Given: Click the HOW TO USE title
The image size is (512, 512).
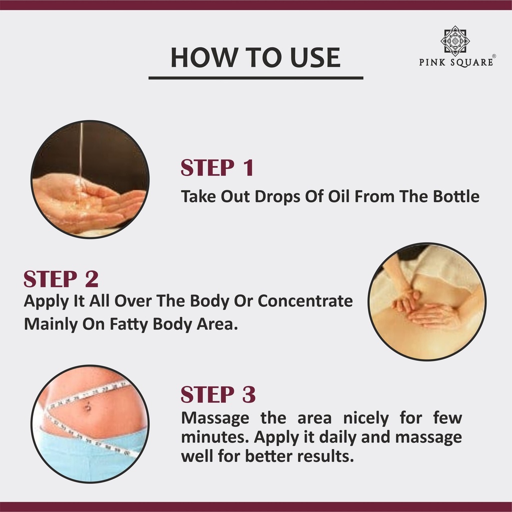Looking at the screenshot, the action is [x=255, y=57].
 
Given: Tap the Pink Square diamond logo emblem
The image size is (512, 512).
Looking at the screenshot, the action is [x=455, y=40].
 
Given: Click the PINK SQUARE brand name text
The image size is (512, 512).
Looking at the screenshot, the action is [x=456, y=62].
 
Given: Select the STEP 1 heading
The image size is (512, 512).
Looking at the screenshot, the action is [x=217, y=168].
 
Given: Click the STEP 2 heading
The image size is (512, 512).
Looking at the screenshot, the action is [x=61, y=279].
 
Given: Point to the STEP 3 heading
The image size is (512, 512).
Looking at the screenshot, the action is [x=218, y=394].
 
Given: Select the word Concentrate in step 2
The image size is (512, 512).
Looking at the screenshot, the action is [x=305, y=300].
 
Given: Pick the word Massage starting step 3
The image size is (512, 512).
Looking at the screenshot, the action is [x=215, y=418].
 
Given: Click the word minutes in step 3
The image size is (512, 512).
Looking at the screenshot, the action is [x=215, y=437].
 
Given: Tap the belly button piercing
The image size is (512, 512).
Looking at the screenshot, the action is [x=88, y=407].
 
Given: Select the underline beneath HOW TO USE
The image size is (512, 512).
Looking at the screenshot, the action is [x=256, y=78].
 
